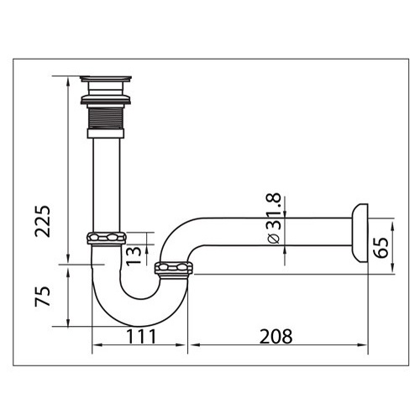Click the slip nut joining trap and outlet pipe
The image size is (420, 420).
coord(175,269)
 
